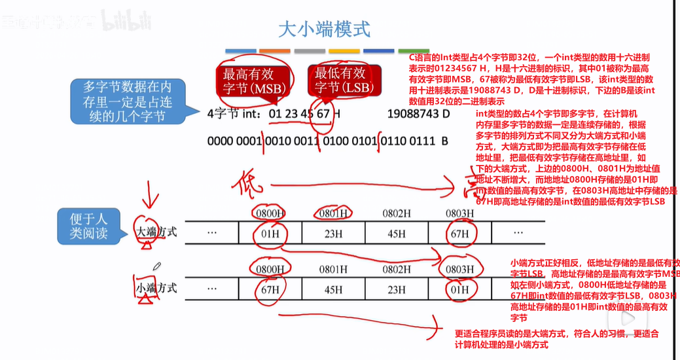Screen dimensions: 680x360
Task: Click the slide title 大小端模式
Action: point(324,29)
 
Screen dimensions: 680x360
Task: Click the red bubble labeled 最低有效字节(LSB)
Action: point(340,80)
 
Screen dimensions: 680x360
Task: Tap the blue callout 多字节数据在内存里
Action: point(128,101)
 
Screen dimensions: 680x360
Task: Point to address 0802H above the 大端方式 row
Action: point(396,213)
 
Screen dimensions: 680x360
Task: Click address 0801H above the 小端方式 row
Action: point(333,268)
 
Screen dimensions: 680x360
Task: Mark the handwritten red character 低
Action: point(249,183)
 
